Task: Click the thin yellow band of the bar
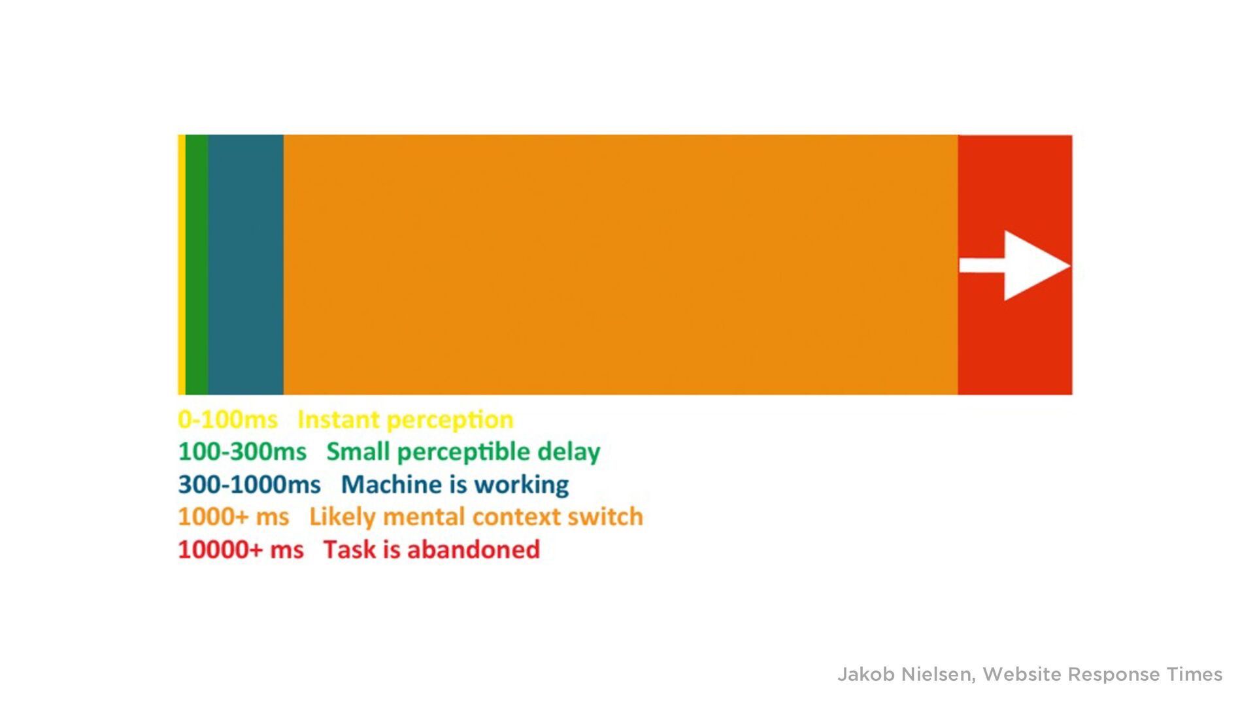tap(182, 265)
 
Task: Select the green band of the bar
tap(197, 265)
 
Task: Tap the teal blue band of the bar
tap(246, 265)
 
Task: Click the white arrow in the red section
tap(1014, 265)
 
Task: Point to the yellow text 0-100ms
tap(227, 419)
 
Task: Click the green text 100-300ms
tap(242, 451)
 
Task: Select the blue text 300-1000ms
tap(249, 484)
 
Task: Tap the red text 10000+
tap(220, 549)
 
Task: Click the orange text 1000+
tap(212, 517)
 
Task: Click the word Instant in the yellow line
tap(338, 419)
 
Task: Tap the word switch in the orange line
tap(605, 517)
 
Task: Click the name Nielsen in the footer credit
tap(938, 675)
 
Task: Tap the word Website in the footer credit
tap(1022, 674)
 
